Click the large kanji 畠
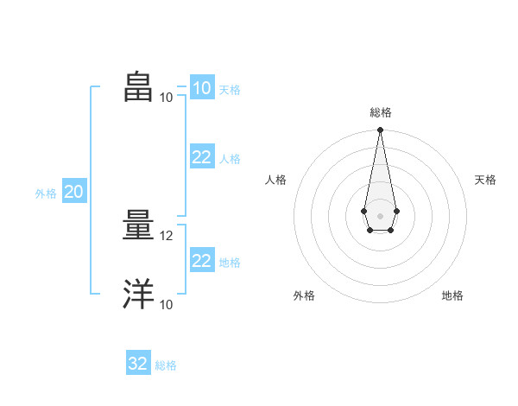click(138, 86)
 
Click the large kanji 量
click(138, 225)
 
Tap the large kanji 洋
click(138, 294)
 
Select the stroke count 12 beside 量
click(166, 236)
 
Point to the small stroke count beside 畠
click(166, 98)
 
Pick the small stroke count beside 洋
click(166, 305)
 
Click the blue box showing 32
click(138, 362)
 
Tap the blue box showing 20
click(74, 190)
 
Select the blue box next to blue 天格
click(202, 87)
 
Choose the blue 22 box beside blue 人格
click(202, 156)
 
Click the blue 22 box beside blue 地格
click(202, 259)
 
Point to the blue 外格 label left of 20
click(46, 193)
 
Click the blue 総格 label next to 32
click(166, 365)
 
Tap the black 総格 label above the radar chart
click(381, 112)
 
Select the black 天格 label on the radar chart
click(485, 180)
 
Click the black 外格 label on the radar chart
click(304, 295)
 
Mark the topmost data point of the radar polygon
click(380, 130)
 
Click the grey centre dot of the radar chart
click(380, 216)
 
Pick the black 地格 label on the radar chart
click(452, 295)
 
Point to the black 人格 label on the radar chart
click(275, 180)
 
